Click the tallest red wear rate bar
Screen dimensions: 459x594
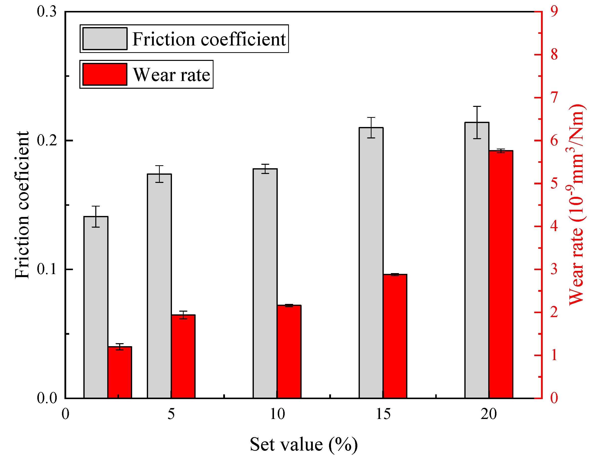click(501, 274)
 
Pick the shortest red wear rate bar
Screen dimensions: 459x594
click(120, 372)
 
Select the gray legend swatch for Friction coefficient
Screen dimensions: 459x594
click(105, 39)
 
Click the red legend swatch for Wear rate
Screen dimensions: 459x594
click(105, 74)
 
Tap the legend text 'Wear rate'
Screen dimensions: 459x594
click(172, 75)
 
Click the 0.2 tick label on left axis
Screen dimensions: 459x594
click(47, 140)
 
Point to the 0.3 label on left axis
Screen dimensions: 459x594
click(47, 12)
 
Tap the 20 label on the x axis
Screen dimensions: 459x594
click(488, 414)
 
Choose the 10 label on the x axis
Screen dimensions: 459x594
click(277, 414)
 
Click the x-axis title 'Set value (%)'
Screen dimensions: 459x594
click(304, 445)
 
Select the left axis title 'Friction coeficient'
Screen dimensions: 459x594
click(22, 205)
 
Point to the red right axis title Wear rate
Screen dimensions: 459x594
click(576, 205)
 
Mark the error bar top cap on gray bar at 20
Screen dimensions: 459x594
click(477, 106)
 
